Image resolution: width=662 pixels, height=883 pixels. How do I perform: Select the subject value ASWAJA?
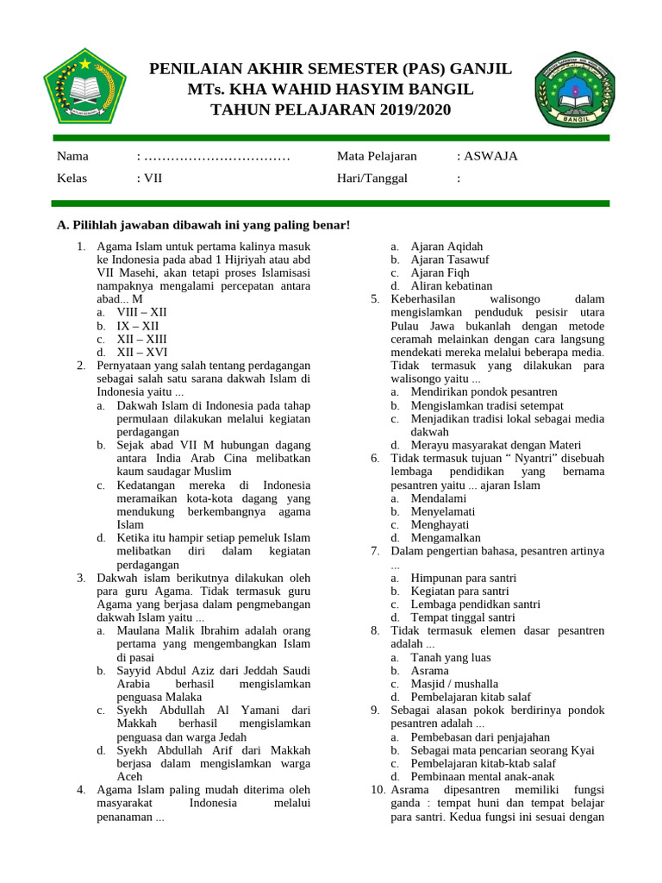[490, 156]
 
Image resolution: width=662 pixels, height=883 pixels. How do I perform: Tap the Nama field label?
[72, 156]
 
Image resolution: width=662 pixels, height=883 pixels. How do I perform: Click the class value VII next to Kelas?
[153, 178]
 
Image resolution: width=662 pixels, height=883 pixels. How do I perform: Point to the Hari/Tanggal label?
[372, 178]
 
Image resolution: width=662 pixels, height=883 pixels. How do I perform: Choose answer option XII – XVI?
[142, 352]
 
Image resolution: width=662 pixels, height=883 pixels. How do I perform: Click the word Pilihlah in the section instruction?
[97, 225]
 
